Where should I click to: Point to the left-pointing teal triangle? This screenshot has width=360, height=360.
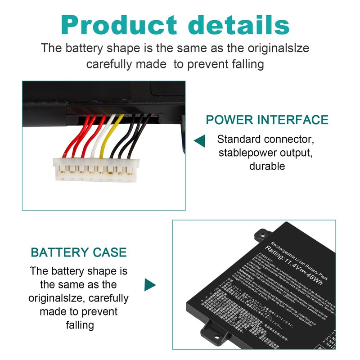[x=199, y=141]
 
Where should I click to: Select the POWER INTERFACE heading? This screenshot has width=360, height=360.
[x=267, y=120]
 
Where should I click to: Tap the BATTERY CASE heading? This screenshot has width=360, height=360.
[x=78, y=252]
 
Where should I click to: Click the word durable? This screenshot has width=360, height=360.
[x=267, y=166]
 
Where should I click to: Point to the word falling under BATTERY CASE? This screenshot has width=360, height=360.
[x=79, y=325]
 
